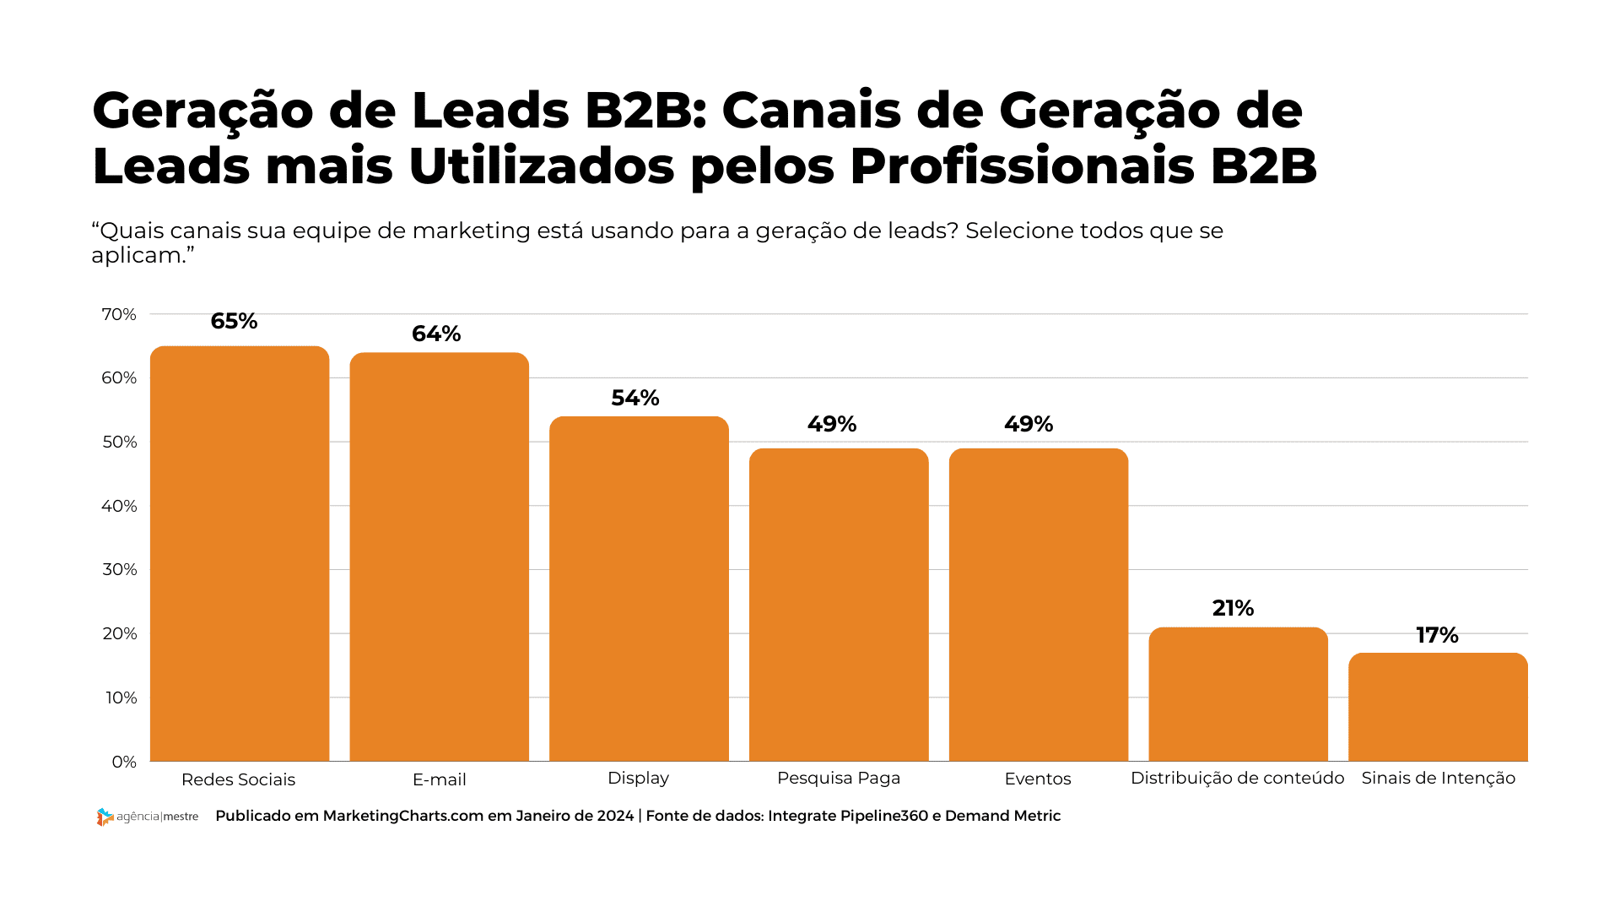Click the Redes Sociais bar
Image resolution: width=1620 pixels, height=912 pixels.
[x=240, y=553]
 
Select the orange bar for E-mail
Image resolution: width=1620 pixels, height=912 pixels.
[x=440, y=556]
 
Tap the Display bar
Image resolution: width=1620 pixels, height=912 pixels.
[x=639, y=589]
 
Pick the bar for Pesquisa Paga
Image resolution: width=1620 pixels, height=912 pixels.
[x=839, y=605]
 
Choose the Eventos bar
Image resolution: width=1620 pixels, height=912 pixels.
[x=1039, y=605]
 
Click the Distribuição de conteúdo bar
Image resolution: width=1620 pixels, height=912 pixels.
[x=1238, y=694]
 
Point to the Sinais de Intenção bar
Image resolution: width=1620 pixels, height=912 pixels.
[x=1438, y=707]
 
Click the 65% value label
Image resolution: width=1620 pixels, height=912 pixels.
[x=234, y=321]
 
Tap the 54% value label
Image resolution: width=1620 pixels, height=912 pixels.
[x=635, y=398]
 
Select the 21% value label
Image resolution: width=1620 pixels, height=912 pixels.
[x=1233, y=608]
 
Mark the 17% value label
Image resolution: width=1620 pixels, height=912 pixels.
[x=1437, y=635]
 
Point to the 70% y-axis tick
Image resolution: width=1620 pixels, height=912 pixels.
[x=119, y=314]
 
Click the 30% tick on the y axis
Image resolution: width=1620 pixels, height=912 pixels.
[x=120, y=569]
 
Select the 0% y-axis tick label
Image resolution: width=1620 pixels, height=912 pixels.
[x=124, y=762]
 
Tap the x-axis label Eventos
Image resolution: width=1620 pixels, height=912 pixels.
[x=1038, y=779]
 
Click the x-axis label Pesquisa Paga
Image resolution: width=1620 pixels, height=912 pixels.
[x=839, y=778]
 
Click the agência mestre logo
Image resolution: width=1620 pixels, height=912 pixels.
[x=148, y=817]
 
